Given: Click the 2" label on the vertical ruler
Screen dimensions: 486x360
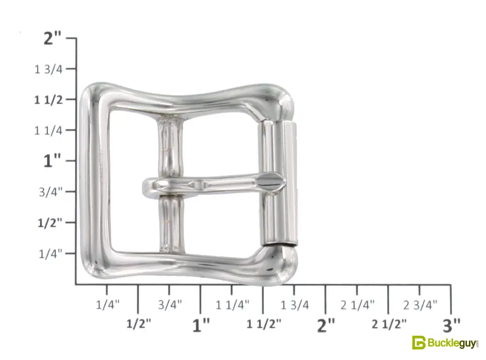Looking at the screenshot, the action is tap(52, 38).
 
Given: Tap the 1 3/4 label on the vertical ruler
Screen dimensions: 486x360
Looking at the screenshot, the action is tap(48, 69).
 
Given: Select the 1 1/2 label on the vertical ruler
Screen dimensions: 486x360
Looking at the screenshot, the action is tap(48, 100).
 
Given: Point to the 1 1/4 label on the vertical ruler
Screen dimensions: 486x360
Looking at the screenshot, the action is tap(48, 130).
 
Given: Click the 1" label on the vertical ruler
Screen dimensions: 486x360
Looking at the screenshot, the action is tap(52, 161).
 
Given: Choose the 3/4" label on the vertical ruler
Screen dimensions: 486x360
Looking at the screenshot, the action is tap(51, 192).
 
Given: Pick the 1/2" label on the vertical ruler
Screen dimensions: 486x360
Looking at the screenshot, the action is tap(50, 223).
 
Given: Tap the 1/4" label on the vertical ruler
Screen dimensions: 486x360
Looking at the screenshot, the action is tap(51, 254).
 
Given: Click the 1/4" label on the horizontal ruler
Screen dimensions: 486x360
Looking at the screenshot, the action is tap(107, 305).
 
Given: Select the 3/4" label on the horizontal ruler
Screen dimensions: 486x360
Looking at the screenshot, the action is tap(170, 305).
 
